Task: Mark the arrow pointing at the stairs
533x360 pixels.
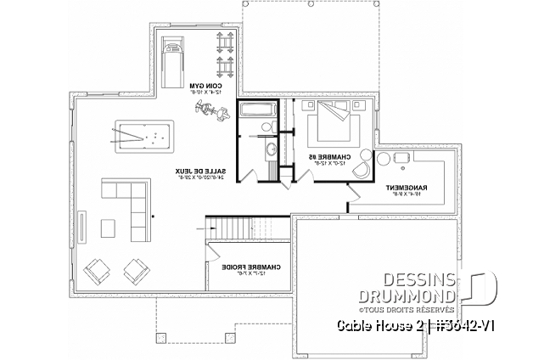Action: (203, 228)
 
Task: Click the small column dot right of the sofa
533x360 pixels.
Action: (154, 217)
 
